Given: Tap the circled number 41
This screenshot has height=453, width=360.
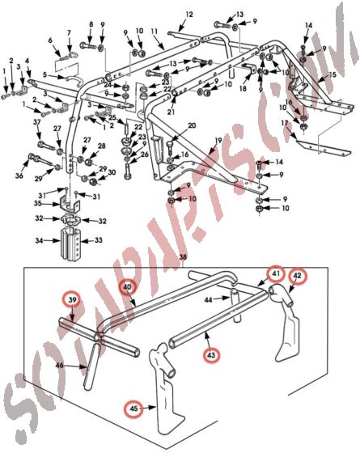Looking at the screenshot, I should (277, 275).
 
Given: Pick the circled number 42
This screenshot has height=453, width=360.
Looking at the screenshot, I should (298, 275).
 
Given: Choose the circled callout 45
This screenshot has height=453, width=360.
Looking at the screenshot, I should (134, 409).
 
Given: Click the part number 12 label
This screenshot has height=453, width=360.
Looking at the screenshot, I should (188, 15).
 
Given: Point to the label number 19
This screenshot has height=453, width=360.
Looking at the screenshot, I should (217, 141).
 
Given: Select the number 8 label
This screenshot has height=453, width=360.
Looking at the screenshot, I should (91, 24).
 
